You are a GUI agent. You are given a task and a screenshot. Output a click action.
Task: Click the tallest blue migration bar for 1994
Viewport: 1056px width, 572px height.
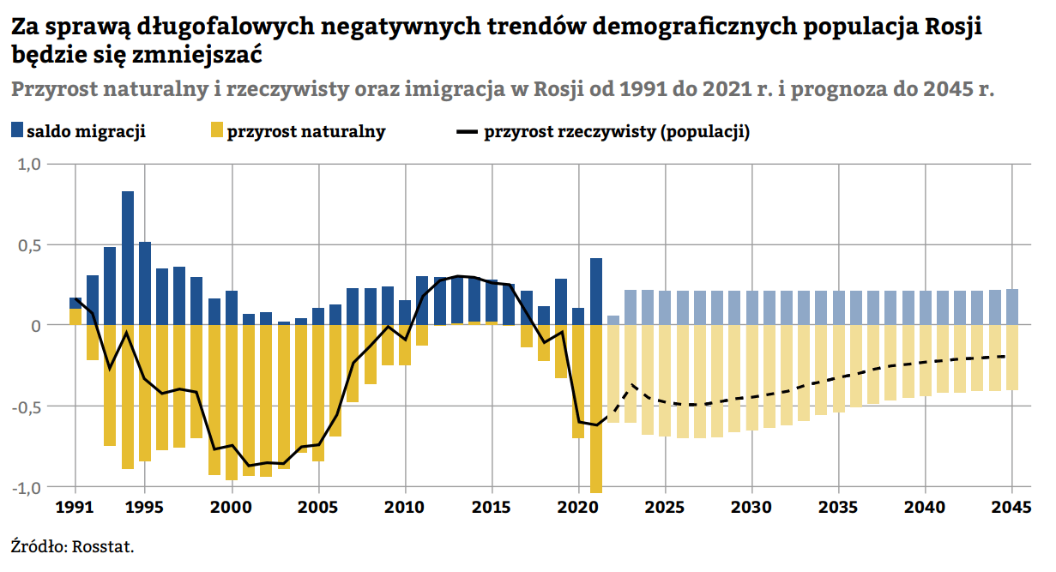click(128, 257)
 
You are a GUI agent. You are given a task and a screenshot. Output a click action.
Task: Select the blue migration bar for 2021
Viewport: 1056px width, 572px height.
click(596, 292)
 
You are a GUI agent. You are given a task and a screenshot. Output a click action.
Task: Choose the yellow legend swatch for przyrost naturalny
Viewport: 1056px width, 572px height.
click(217, 131)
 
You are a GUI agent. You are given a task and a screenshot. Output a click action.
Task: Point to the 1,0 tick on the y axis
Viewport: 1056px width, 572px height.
click(29, 164)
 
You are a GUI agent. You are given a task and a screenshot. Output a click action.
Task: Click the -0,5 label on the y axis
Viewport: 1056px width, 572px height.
click(27, 406)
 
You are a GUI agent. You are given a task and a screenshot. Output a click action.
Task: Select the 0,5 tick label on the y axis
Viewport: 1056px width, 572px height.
click(29, 245)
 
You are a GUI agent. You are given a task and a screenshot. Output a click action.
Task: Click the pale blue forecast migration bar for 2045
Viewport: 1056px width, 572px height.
click(1012, 307)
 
